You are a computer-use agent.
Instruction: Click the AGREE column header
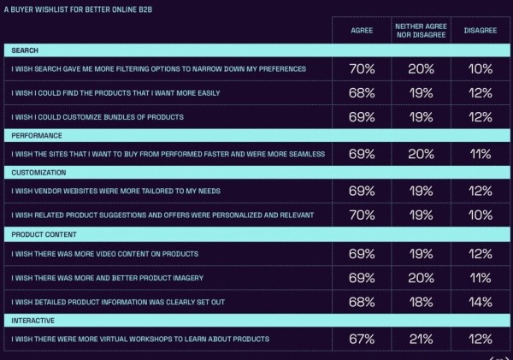pyautogui.click(x=362, y=30)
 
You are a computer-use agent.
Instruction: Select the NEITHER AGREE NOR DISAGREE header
pyautogui.click(x=419, y=30)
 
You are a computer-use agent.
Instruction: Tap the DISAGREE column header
pyautogui.click(x=479, y=30)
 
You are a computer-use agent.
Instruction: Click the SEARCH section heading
pyautogui.click(x=25, y=51)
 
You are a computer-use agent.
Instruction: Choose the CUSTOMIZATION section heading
pyautogui.click(x=39, y=173)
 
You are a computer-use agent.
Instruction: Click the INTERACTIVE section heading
pyautogui.click(x=34, y=319)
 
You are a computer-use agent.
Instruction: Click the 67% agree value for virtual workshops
pyautogui.click(x=362, y=339)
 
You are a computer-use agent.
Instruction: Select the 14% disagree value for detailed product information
pyautogui.click(x=479, y=301)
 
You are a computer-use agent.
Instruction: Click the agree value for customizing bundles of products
pyautogui.click(x=362, y=116)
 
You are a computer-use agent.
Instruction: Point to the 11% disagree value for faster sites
pyautogui.click(x=479, y=154)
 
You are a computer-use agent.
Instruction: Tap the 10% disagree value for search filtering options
pyautogui.click(x=479, y=68)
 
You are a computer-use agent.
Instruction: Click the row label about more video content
pyautogui.click(x=104, y=254)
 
